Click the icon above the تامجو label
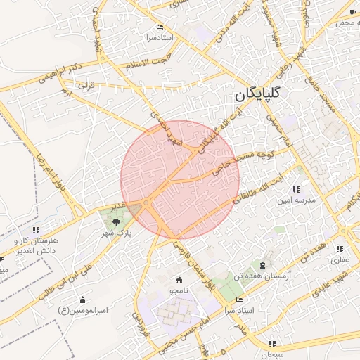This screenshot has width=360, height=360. [178, 280]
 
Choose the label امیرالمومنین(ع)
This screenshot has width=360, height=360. [83, 310]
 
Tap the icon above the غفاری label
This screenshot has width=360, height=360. [340, 249]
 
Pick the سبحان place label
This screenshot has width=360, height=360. [271, 345]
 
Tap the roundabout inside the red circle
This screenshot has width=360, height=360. [146, 204]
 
